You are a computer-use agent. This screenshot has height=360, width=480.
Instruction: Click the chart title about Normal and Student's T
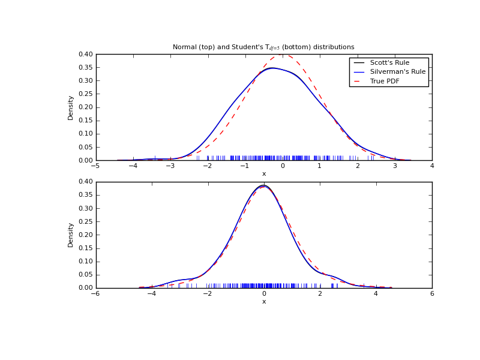(263, 47)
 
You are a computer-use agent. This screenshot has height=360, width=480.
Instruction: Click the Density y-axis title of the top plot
(71, 107)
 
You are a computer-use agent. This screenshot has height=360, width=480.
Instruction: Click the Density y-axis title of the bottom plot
(71, 235)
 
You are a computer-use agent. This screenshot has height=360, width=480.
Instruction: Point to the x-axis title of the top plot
(264, 174)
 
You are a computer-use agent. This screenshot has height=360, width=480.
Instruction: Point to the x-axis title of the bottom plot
(264, 301)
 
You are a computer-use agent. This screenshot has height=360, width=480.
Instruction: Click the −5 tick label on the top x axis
(95, 166)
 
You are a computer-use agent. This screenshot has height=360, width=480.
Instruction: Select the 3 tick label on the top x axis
(395, 166)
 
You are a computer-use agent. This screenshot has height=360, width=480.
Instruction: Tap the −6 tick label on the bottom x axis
(95, 293)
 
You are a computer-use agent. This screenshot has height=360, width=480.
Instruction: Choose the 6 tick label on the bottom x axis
(432, 293)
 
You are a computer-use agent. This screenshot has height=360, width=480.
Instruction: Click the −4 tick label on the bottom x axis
(151, 293)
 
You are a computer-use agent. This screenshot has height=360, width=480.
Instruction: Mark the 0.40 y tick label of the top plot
(86, 55)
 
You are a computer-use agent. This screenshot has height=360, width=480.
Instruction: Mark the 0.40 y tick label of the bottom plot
(86, 182)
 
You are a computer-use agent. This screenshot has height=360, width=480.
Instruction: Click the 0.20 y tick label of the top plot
(86, 107)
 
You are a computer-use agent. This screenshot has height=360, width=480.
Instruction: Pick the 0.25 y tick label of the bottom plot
(86, 221)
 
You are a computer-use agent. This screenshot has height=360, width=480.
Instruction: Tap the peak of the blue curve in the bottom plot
(263, 185)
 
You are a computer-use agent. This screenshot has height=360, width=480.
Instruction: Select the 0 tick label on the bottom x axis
(264, 293)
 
